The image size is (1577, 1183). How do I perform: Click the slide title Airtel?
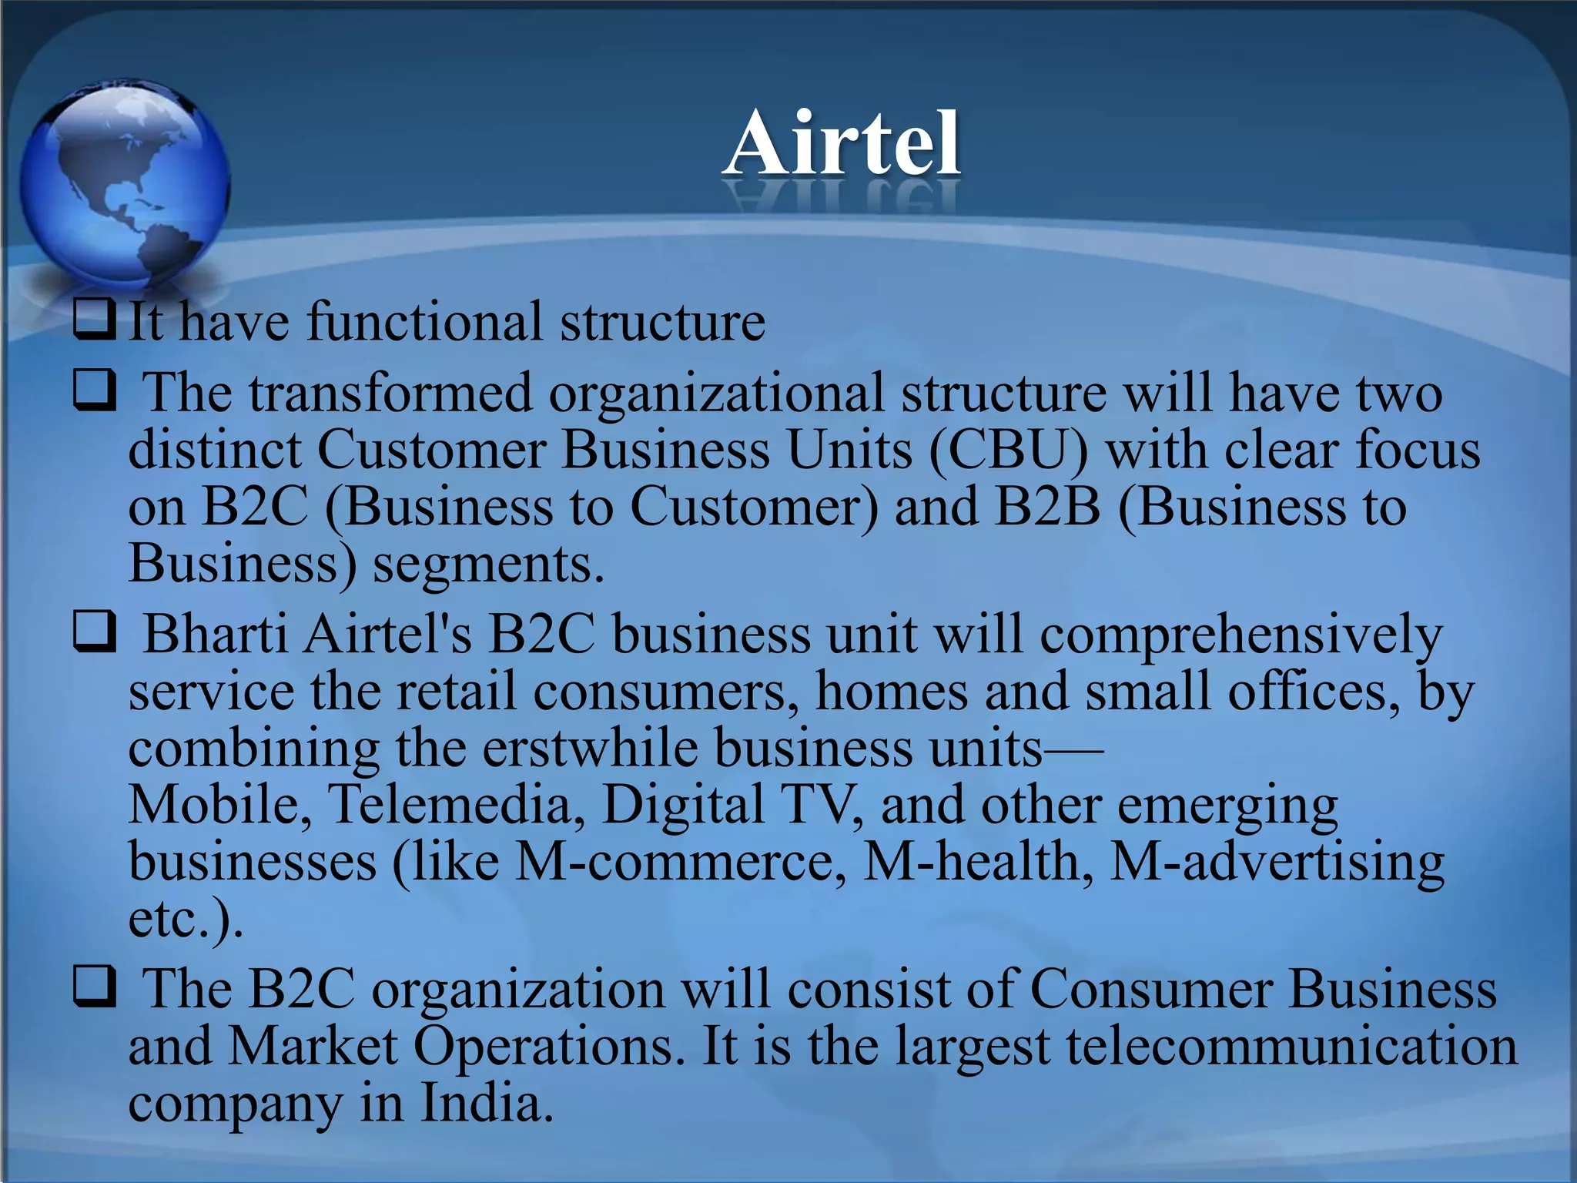click(x=842, y=144)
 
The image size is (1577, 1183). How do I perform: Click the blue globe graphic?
click(x=124, y=182)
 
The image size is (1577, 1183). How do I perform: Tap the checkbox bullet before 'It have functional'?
click(x=95, y=320)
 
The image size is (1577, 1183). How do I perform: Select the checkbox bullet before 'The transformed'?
click(x=95, y=390)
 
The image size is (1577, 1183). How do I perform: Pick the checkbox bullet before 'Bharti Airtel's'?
click(x=95, y=632)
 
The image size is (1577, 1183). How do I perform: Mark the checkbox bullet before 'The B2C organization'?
click(x=95, y=987)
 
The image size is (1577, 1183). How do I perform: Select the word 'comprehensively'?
click(x=1241, y=636)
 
